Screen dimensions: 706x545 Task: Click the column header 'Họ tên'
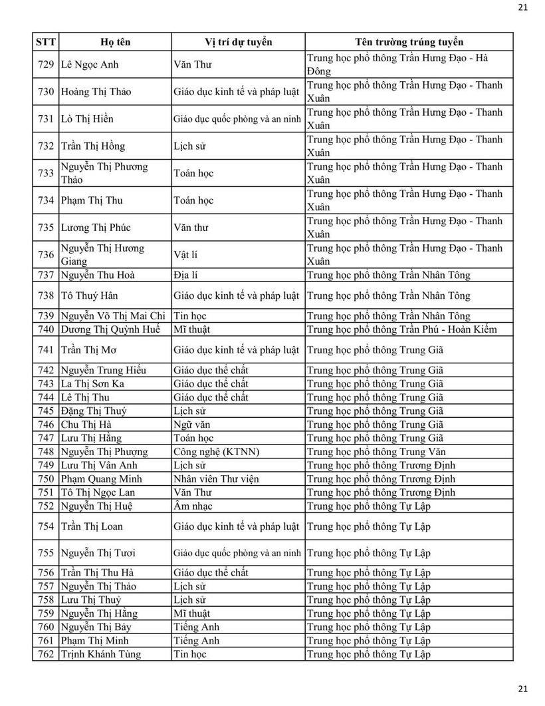click(x=115, y=42)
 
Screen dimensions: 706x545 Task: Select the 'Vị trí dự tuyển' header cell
click(x=238, y=42)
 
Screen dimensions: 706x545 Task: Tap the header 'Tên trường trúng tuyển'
click(x=409, y=42)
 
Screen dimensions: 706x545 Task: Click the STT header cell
click(x=46, y=42)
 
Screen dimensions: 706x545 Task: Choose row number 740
click(x=46, y=329)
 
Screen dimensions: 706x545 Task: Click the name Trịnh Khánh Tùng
click(x=100, y=654)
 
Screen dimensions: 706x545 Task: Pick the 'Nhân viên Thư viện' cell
click(x=216, y=479)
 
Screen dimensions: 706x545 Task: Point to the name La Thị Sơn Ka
click(x=92, y=384)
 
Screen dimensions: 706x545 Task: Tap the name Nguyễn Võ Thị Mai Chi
click(x=113, y=316)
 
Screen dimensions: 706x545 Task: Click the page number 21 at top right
click(x=522, y=7)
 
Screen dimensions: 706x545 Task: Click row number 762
click(x=46, y=654)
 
